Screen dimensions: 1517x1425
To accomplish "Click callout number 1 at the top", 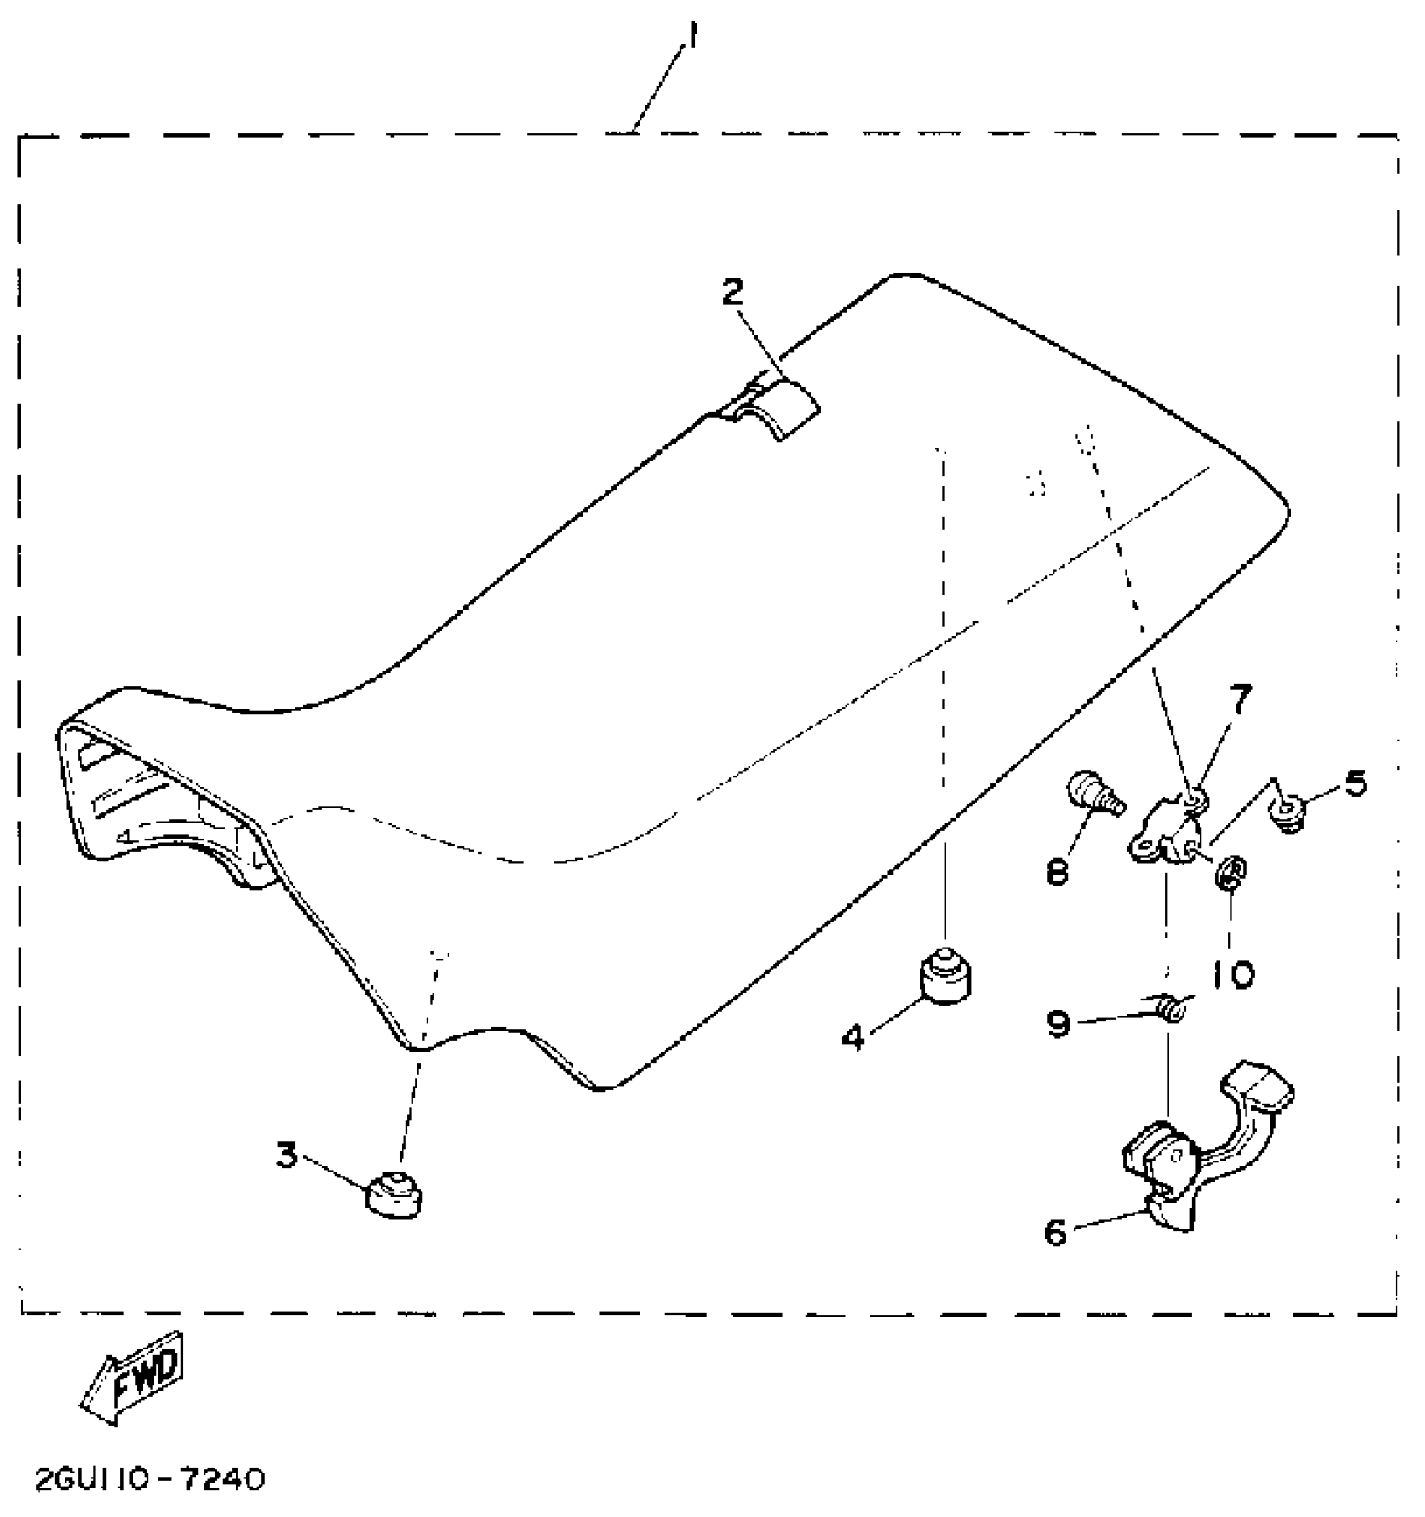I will [692, 39].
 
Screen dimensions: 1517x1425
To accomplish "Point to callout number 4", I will [852, 1038].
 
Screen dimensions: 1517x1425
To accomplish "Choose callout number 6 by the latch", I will [1056, 1232].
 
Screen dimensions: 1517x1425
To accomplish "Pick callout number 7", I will [1240, 699].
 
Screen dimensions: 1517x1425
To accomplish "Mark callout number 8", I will [1057, 872].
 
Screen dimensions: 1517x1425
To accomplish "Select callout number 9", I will [1060, 1024].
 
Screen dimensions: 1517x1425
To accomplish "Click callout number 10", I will [1231, 974].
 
